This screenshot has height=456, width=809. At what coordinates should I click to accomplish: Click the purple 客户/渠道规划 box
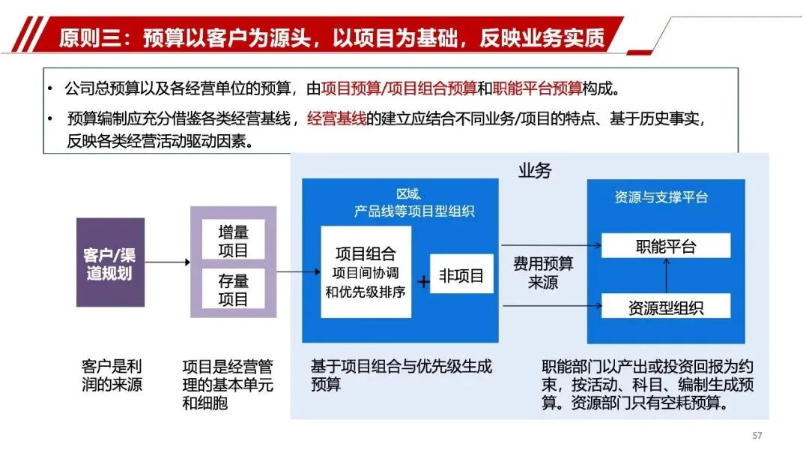[x=110, y=262]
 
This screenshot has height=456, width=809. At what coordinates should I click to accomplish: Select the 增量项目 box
[x=232, y=241]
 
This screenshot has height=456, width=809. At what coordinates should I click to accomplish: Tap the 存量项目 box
[x=232, y=289]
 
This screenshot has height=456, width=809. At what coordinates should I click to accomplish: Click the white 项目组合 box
[x=366, y=271]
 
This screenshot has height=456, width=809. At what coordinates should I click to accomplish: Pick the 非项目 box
[x=461, y=277]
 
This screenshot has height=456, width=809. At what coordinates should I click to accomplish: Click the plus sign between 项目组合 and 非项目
[x=423, y=282]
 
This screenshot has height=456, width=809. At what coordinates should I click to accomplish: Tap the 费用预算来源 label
[x=543, y=273]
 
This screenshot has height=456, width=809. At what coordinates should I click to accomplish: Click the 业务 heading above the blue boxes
[x=534, y=170]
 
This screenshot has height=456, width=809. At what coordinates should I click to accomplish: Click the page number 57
[x=757, y=436]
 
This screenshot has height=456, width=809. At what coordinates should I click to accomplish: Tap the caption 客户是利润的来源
[x=111, y=376]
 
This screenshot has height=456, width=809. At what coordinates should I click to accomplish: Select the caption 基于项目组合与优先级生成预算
[x=401, y=376]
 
